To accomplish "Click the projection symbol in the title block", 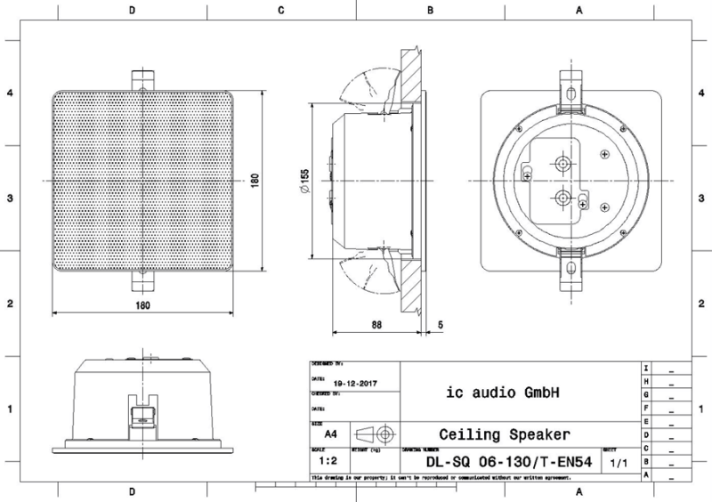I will pos(375,434).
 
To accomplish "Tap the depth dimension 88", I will pos(377,326).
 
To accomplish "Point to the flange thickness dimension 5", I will pos(441,326).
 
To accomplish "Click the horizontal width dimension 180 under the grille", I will pos(143,305).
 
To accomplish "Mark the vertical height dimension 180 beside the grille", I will pos(255,180).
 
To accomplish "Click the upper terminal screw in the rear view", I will pos(562,165).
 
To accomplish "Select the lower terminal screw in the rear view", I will pos(562,197).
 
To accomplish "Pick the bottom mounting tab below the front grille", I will pos(142,281).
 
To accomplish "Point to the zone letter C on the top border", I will pos(281,12).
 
